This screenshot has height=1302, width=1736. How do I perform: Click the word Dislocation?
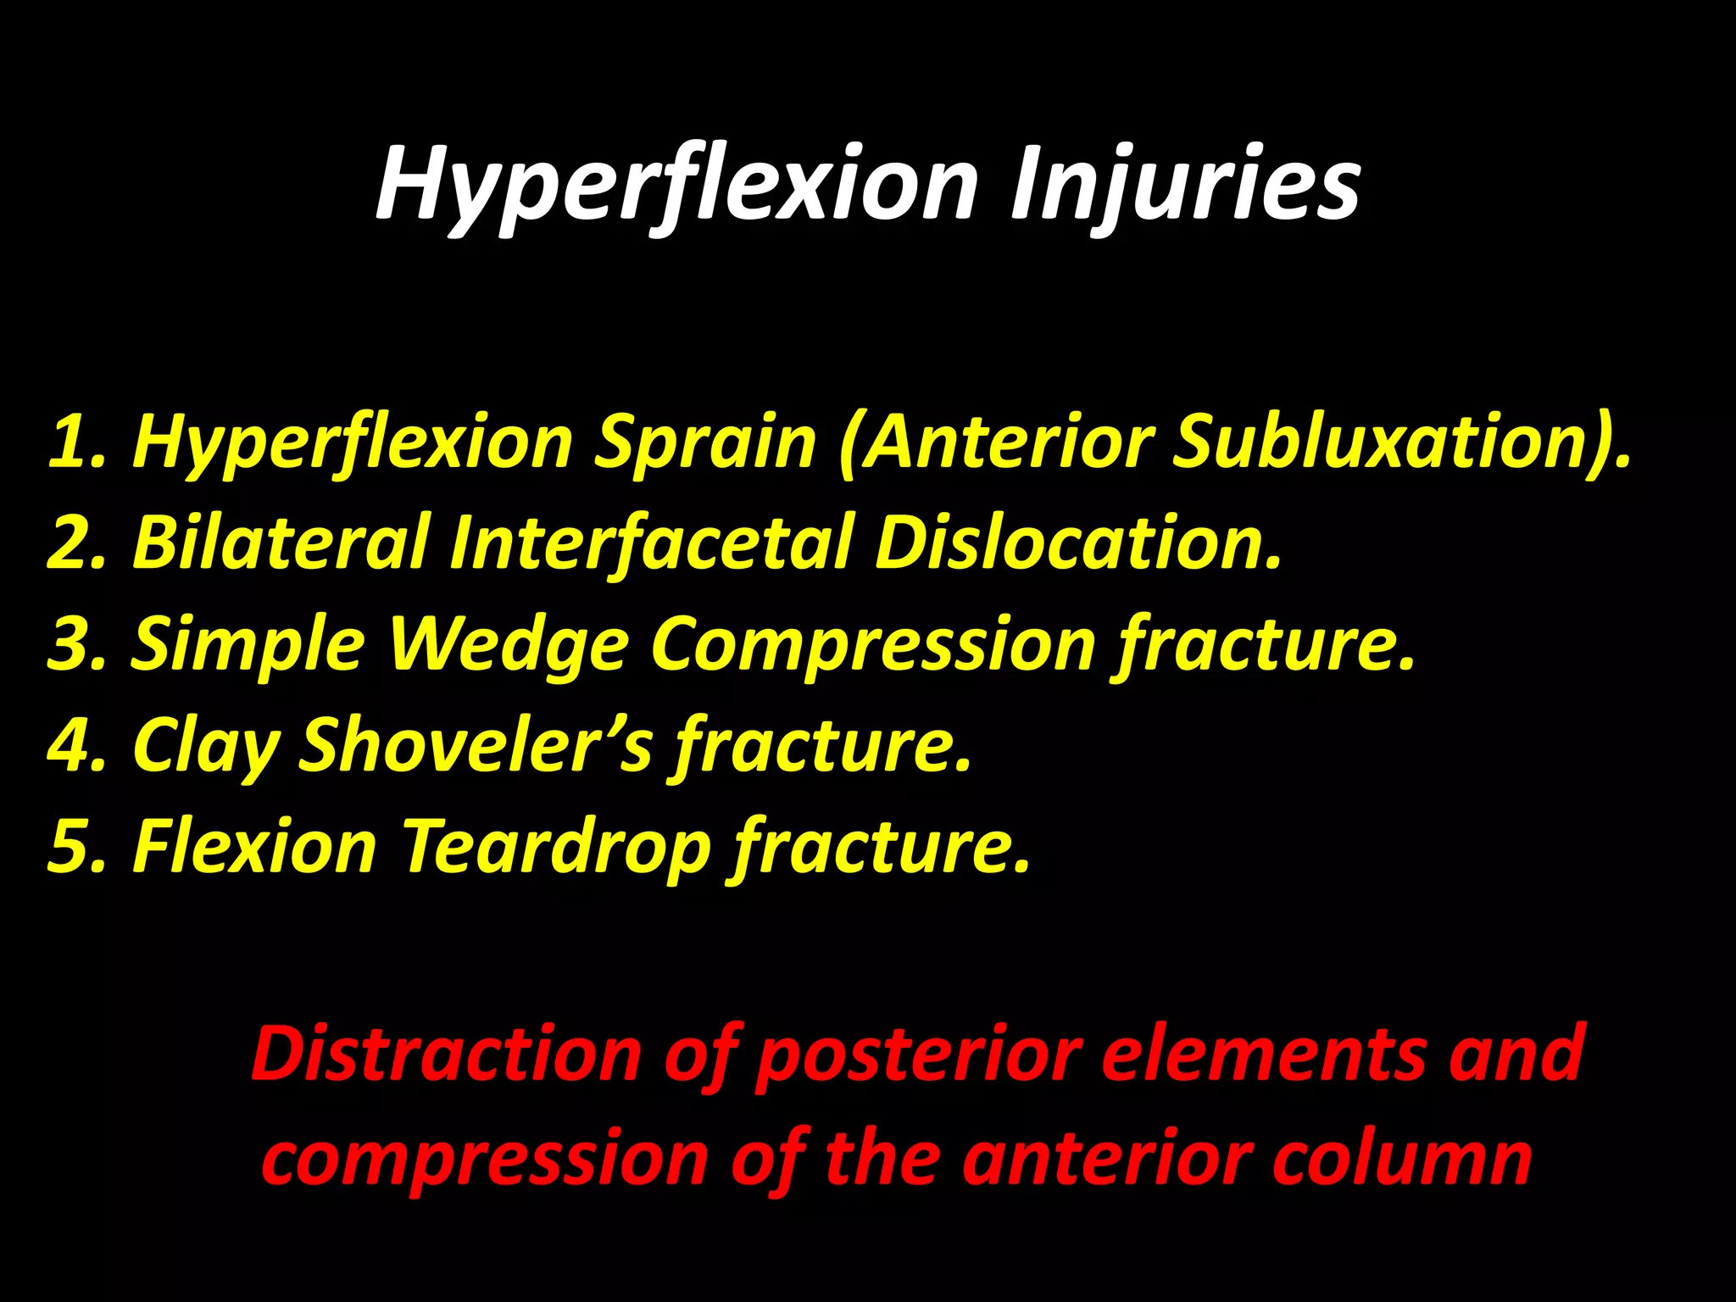pos(1077,542)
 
